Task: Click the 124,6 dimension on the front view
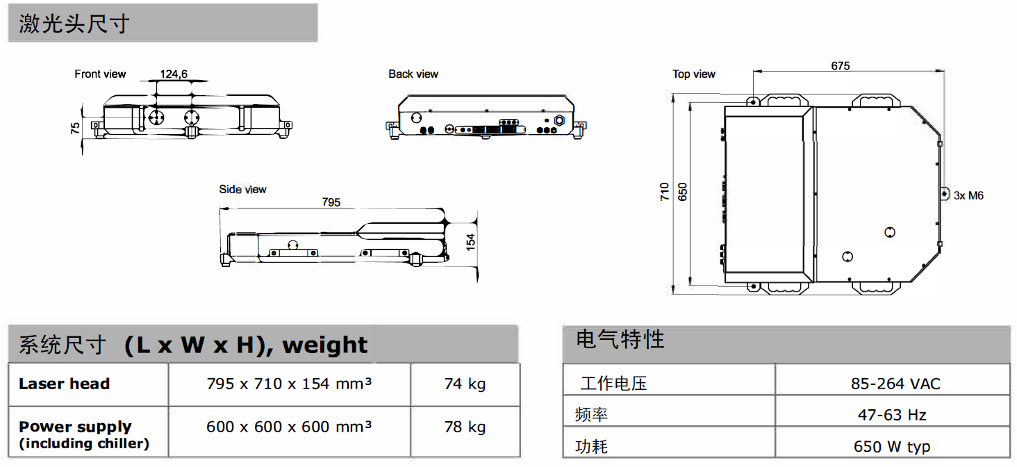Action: tap(174, 74)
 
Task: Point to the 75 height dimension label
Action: tap(75, 128)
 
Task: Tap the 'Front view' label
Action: tap(100, 74)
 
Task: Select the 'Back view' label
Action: tap(413, 74)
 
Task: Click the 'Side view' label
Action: tap(242, 190)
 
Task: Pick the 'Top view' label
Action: tap(694, 74)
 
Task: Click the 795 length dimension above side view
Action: tap(331, 202)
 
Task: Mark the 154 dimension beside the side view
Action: tap(471, 242)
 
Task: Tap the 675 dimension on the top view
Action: tap(841, 66)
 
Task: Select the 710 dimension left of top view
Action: tap(665, 192)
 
